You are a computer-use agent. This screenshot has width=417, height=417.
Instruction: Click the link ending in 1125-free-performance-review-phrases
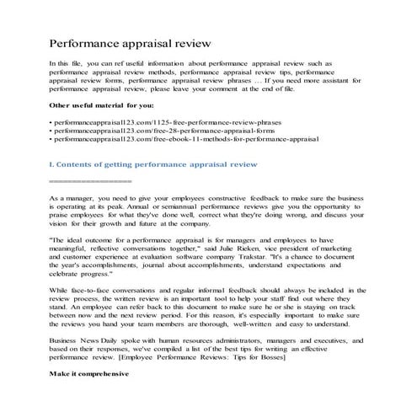click(x=176, y=121)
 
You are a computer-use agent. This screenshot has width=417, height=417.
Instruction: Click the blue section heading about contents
click(x=153, y=165)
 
